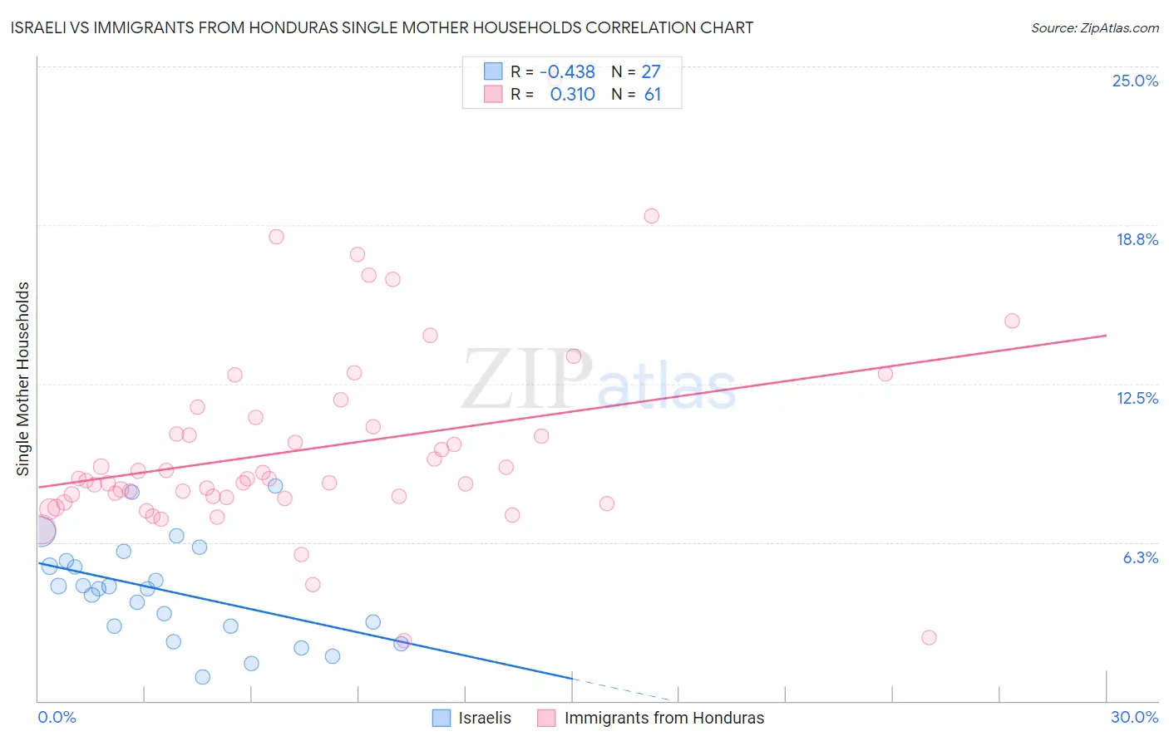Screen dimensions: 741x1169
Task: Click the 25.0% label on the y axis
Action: pyautogui.click(x=1135, y=81)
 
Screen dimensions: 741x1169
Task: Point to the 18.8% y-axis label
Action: pyautogui.click(x=1137, y=239)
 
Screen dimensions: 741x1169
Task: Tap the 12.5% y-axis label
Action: pyautogui.click(x=1137, y=398)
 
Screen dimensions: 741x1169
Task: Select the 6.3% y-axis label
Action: pyautogui.click(x=1140, y=557)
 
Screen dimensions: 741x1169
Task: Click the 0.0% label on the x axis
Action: pyautogui.click(x=57, y=717)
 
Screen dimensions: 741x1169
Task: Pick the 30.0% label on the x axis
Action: pyautogui.click(x=1134, y=717)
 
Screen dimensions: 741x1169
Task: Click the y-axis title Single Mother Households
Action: pyautogui.click(x=23, y=379)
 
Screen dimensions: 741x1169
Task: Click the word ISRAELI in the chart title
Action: pyautogui.click(x=41, y=27)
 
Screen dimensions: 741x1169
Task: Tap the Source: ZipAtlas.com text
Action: pyautogui.click(x=1094, y=27)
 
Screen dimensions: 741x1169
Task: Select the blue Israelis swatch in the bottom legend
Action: pyautogui.click(x=441, y=718)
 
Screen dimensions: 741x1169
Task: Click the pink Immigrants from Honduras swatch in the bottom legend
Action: pyautogui.click(x=546, y=718)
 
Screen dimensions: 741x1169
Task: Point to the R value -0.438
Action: pyautogui.click(x=567, y=72)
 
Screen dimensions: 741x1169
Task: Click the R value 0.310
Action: pyautogui.click(x=572, y=95)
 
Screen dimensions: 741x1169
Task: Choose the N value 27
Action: pyautogui.click(x=651, y=72)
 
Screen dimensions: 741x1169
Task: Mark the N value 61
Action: pyautogui.click(x=653, y=95)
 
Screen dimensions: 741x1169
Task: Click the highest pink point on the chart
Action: pyautogui.click(x=651, y=216)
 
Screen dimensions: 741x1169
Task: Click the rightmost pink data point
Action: pyautogui.click(x=1012, y=321)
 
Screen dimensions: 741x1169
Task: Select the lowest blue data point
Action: pyautogui.click(x=202, y=677)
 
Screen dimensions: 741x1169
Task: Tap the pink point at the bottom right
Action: pyautogui.click(x=929, y=637)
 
